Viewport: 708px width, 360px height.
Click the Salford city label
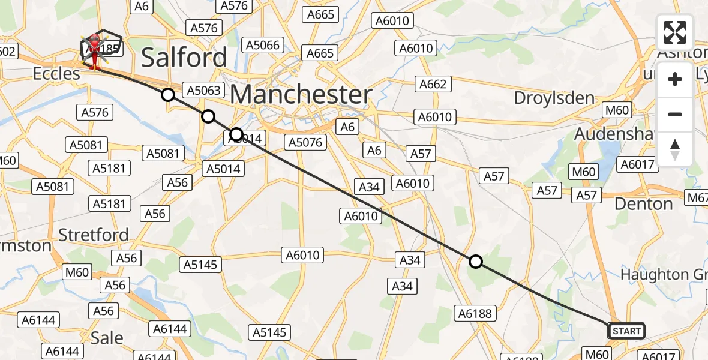pyautogui.click(x=184, y=58)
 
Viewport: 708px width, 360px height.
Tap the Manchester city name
pyautogui.click(x=301, y=95)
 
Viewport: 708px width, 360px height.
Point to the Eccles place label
pyautogui.click(x=56, y=74)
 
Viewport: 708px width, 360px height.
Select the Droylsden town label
pyautogui.click(x=555, y=98)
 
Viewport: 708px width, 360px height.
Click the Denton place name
pyautogui.click(x=644, y=204)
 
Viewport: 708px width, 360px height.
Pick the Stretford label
pyautogui.click(x=94, y=235)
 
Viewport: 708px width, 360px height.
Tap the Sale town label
pyautogui.click(x=107, y=338)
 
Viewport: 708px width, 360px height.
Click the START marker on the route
pyautogui.click(x=626, y=331)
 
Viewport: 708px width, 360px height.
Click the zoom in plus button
pyautogui.click(x=675, y=79)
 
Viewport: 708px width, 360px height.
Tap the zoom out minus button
pyautogui.click(x=675, y=114)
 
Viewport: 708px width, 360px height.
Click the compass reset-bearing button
pyautogui.click(x=675, y=149)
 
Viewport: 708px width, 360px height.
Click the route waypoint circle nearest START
pyautogui.click(x=476, y=262)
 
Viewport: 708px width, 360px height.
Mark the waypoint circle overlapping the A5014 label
pyautogui.click(x=236, y=134)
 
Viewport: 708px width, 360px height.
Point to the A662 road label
pyautogui.click(x=433, y=84)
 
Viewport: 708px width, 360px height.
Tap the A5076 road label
pyautogui.click(x=305, y=142)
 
